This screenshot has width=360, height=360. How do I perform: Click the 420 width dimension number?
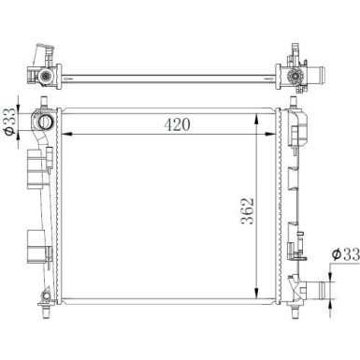click(x=177, y=124)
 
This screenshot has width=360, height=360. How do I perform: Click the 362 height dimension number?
click(x=249, y=211)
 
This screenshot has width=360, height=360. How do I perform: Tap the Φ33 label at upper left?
click(x=9, y=121)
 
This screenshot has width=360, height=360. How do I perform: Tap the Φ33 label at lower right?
click(x=345, y=254)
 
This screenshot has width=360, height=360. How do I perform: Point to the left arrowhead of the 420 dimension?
click(x=67, y=134)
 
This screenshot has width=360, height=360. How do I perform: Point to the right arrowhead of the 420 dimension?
click(x=270, y=134)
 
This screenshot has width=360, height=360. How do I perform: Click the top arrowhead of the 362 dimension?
click(x=256, y=119)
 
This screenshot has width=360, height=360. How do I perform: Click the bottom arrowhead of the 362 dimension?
click(x=256, y=294)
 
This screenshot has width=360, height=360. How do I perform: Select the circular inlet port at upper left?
click(x=44, y=122)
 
